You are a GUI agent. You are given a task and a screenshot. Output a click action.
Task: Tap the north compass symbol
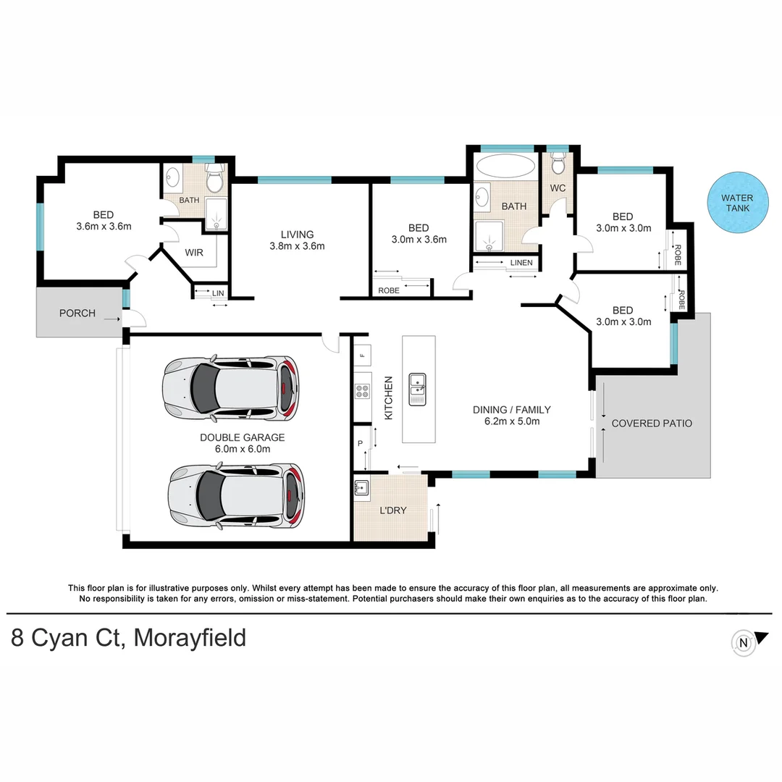743,642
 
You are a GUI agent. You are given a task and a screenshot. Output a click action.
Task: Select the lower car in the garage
236,495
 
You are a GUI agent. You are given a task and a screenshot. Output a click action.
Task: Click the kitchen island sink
419,389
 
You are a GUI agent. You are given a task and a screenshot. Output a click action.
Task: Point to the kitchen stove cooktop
362,392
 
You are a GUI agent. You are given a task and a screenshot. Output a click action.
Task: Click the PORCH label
77,314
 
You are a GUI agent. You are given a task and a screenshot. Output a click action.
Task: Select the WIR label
194,253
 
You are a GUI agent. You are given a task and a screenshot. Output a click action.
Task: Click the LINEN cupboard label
521,263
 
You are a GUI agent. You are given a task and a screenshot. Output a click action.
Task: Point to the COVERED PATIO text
652,424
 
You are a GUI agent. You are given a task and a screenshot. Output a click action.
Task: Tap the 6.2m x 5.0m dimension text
511,421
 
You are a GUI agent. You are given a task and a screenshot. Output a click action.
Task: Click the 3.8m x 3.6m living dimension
297,246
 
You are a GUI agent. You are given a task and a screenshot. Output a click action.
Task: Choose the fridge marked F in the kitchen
362,355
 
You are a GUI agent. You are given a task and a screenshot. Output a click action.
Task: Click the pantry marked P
360,443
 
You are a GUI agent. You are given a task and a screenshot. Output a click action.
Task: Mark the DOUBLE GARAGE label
242,437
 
